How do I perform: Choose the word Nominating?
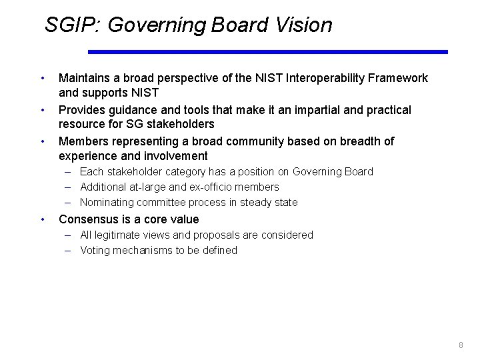(108, 203)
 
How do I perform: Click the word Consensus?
(90, 219)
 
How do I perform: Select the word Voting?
(95, 250)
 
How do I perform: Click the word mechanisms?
(141, 250)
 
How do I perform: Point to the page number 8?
(461, 345)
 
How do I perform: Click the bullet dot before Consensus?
(43, 219)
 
